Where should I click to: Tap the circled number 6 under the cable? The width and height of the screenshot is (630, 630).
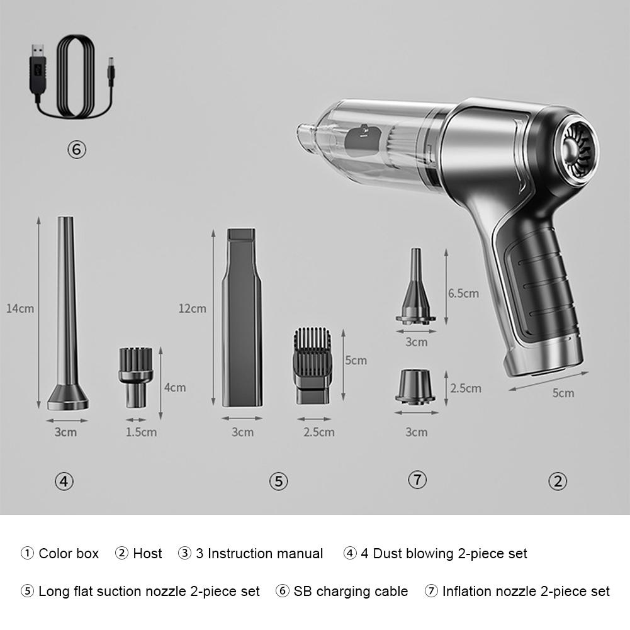click(76, 150)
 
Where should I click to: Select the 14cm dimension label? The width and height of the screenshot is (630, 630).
click(20, 308)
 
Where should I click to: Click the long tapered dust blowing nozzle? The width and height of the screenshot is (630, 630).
click(67, 315)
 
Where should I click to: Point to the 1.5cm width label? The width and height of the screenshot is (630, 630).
click(141, 432)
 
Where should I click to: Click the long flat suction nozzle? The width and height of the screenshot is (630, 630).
click(242, 318)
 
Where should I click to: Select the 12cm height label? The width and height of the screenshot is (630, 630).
click(192, 308)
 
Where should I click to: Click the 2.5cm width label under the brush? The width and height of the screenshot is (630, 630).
click(319, 432)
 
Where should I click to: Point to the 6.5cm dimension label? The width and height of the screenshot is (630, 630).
click(463, 293)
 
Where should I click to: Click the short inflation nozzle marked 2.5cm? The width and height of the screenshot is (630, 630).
click(415, 385)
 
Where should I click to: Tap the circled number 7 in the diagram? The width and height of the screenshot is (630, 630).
click(417, 480)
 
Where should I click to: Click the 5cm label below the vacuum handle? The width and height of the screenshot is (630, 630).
click(563, 393)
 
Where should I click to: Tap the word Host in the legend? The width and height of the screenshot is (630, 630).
click(147, 554)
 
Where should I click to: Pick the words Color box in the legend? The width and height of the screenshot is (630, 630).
click(69, 554)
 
